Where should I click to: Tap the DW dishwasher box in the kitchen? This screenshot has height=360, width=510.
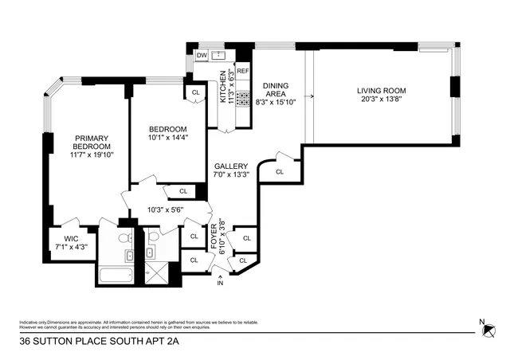point(202,56)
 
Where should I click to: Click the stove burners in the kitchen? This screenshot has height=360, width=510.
point(243,99)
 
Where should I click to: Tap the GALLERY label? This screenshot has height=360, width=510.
point(231,165)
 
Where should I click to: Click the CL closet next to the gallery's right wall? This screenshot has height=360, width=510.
point(280,171)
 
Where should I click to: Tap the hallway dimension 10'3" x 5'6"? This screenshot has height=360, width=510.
point(165,209)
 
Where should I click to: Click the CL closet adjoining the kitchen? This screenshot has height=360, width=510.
point(196,93)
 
